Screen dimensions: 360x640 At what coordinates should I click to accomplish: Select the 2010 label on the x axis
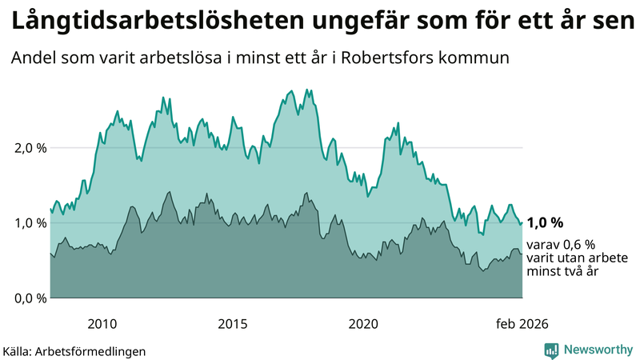coord(102,324)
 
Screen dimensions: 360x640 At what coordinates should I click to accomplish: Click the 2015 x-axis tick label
coord(233,324)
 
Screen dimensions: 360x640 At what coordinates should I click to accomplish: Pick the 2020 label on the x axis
coord(363,324)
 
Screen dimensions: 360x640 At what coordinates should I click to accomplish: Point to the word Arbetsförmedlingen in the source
coord(95,350)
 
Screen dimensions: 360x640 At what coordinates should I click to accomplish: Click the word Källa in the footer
coord(21,350)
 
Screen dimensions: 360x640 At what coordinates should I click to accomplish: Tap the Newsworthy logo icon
coord(551,350)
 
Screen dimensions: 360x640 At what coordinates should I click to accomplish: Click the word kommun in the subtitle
coord(483,59)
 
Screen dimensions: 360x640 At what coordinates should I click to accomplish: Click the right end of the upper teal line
coord(522,222)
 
